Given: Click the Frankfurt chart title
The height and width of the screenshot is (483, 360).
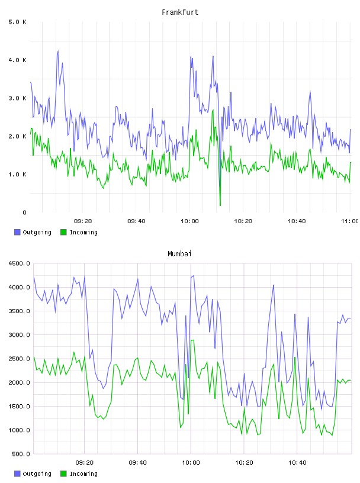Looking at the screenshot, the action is click(x=180, y=12).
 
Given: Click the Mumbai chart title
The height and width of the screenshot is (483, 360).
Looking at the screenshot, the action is click(x=179, y=254).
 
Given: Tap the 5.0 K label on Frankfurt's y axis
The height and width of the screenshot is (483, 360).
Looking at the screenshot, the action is click(x=18, y=22).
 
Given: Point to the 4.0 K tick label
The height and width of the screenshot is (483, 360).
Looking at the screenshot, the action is click(x=18, y=60).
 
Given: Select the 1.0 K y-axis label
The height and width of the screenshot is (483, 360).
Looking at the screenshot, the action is click(x=18, y=175).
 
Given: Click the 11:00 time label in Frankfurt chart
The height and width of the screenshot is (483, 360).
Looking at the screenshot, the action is click(x=350, y=221).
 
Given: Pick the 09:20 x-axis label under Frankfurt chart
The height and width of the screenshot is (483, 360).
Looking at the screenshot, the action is click(x=83, y=221).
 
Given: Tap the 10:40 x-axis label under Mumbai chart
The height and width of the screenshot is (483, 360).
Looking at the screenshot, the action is click(x=297, y=463).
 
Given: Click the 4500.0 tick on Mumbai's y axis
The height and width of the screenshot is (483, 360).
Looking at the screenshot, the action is click(x=20, y=263).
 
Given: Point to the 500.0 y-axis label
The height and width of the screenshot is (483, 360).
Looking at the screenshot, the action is click(x=21, y=454).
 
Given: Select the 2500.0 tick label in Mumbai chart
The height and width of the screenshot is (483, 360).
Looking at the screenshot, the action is click(x=20, y=359).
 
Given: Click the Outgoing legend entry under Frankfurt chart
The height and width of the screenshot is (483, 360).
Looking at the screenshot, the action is click(x=33, y=232).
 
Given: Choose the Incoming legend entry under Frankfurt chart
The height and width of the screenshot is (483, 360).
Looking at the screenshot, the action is click(x=79, y=232).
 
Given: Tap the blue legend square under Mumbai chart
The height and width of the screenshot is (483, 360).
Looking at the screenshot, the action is click(x=17, y=474).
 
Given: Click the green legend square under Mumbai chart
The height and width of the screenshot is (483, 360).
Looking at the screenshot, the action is click(x=63, y=474).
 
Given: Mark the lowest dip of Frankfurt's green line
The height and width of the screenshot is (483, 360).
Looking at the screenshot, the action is click(x=220, y=205).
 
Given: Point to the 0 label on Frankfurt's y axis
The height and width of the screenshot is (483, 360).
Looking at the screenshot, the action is click(x=24, y=212).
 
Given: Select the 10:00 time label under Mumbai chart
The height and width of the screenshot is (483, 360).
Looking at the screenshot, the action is click(x=191, y=463).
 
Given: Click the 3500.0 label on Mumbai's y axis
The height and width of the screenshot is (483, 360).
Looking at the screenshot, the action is click(x=20, y=311).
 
